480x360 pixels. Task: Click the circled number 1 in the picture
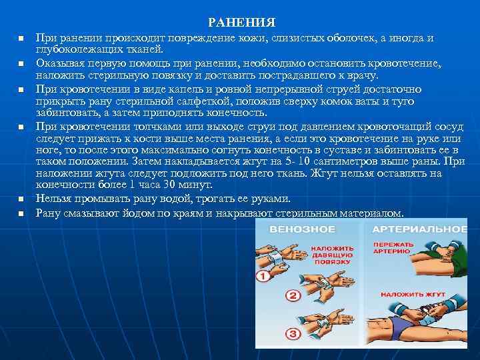tap(263, 274)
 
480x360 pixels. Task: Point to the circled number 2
tap(293, 295)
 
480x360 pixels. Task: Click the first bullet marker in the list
tap(21, 38)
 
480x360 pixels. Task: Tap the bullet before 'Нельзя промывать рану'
tap(21, 199)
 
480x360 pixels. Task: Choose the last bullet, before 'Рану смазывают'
tap(21, 213)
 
